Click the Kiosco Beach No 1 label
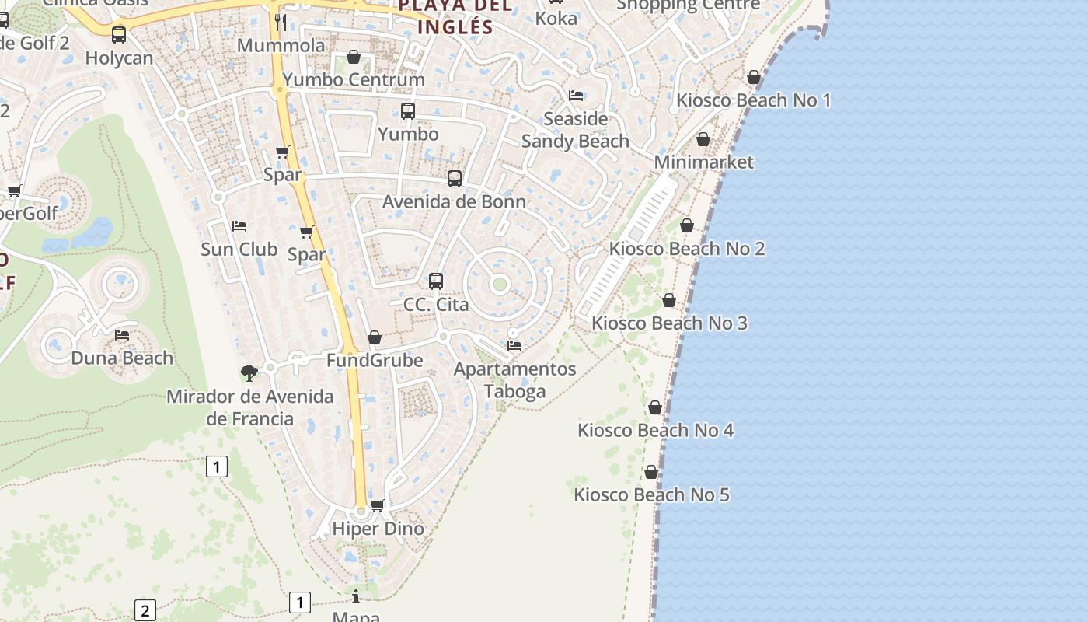[x=753, y=100]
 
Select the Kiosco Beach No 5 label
[x=651, y=494]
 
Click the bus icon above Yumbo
[x=408, y=111]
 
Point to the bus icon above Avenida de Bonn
[x=455, y=179]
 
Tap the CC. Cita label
[x=436, y=304]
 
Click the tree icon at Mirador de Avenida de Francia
[x=249, y=373]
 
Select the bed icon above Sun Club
[x=239, y=226]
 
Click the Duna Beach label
[x=122, y=358]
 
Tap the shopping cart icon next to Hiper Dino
[x=378, y=505]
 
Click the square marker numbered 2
[x=145, y=610]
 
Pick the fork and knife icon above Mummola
[x=281, y=22]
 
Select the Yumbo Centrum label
[x=354, y=79]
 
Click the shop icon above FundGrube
[x=375, y=337]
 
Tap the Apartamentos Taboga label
[x=514, y=379]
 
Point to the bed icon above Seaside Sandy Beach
[x=576, y=96]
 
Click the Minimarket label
[x=703, y=162]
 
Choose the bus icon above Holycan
[x=119, y=35]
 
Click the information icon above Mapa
[x=356, y=596]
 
